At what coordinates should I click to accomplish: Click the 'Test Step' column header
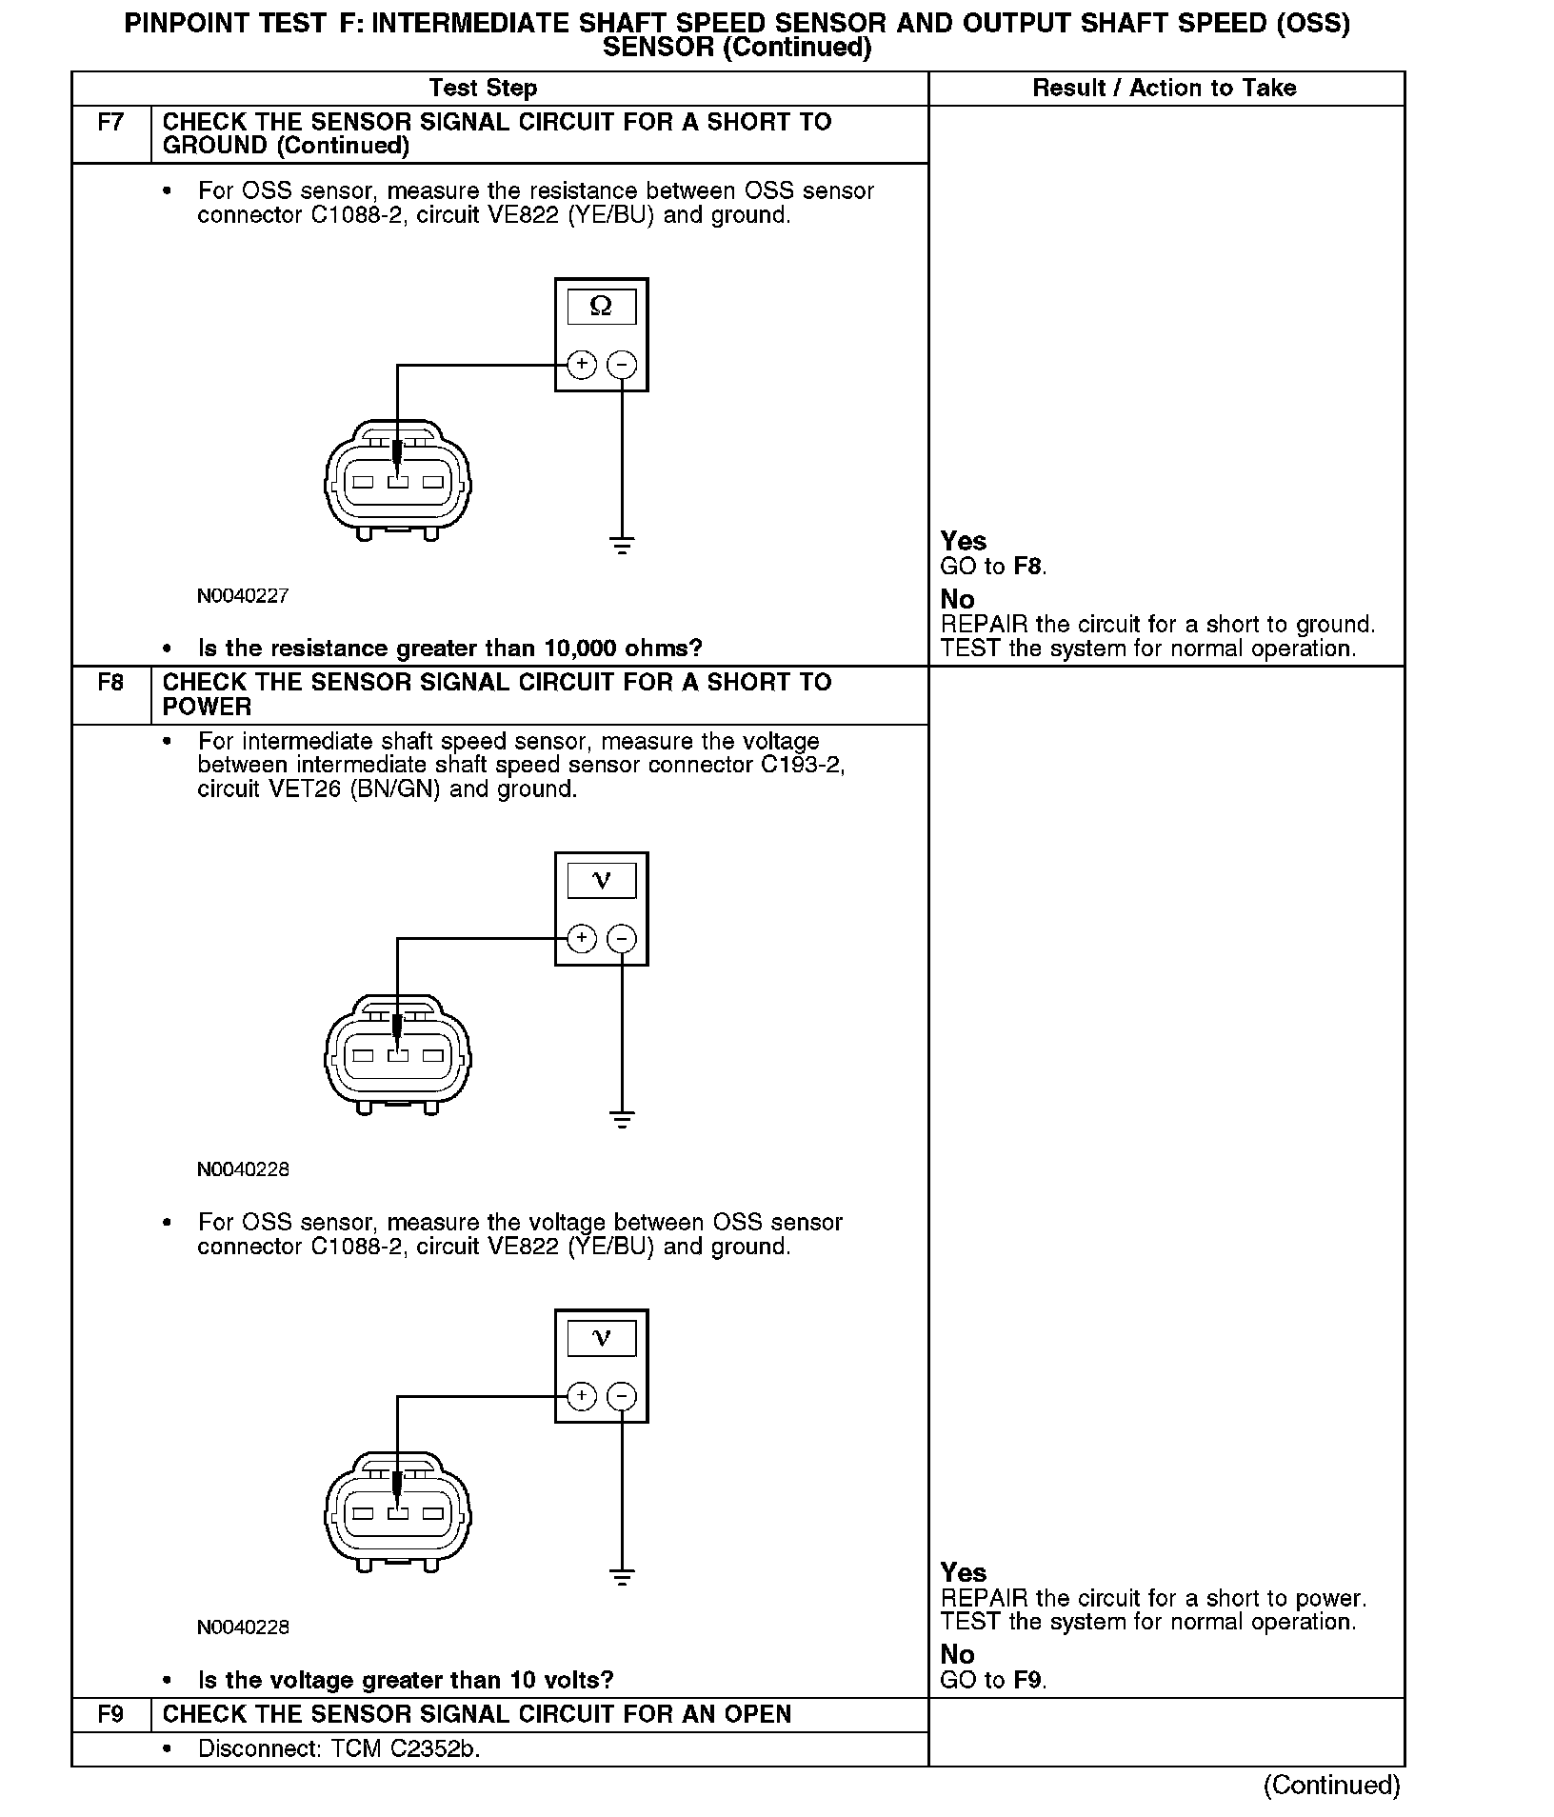pos(483,89)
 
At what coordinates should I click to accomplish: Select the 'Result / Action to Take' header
pos(1164,89)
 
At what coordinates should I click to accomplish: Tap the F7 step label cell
pos(110,123)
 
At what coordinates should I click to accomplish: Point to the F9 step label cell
pos(110,1714)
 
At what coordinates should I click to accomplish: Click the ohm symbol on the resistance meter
pos(601,307)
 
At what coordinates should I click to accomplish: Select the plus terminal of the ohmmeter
pos(582,365)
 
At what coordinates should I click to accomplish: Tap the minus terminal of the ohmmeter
pos(622,365)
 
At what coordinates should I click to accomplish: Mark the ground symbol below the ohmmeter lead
pos(622,546)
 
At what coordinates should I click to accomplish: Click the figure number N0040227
pos(243,596)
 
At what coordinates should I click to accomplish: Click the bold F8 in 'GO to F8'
pos(1027,567)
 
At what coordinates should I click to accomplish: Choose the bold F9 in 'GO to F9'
pos(1027,1680)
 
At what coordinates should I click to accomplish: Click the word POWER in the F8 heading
pos(207,707)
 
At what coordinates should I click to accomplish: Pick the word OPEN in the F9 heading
pos(757,1714)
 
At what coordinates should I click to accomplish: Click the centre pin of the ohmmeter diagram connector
pos(398,482)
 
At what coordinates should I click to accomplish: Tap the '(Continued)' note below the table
pos(1331,1785)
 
